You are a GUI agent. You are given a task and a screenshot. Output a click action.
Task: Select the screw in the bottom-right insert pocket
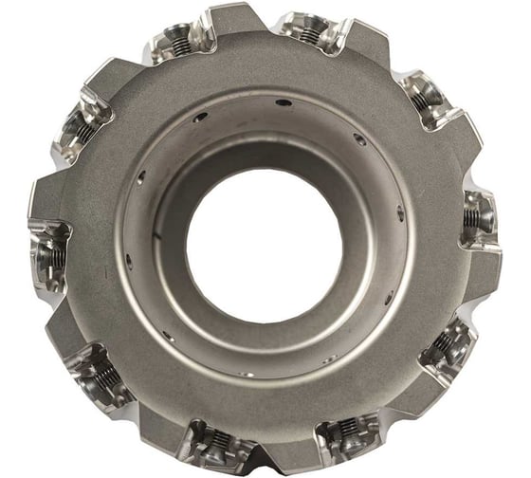[343, 435]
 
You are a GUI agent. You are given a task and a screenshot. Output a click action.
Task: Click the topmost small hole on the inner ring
[282, 102]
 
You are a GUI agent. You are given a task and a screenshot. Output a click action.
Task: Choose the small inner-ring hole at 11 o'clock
[200, 118]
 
